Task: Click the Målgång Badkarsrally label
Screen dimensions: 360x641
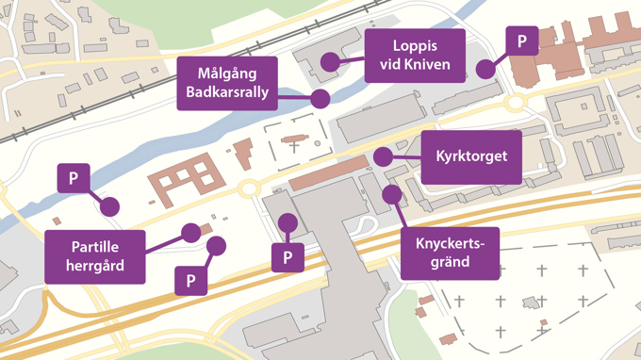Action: click(226, 83)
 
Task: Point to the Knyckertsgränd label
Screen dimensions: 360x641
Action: click(450, 253)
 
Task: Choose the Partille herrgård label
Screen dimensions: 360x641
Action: click(95, 255)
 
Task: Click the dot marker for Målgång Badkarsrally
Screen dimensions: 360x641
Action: click(320, 98)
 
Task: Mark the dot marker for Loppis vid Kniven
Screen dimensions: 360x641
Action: click(329, 62)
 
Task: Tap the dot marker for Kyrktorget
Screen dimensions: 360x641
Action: click(382, 155)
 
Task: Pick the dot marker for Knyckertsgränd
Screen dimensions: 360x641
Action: click(390, 194)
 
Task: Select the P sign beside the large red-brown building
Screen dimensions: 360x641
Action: click(522, 41)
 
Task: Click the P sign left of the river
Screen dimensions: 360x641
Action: click(74, 178)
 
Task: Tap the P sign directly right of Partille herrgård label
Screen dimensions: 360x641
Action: click(190, 280)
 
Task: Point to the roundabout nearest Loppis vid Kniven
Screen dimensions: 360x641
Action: click(516, 102)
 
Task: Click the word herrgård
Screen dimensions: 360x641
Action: click(95, 266)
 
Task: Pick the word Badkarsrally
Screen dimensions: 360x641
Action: click(226, 92)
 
